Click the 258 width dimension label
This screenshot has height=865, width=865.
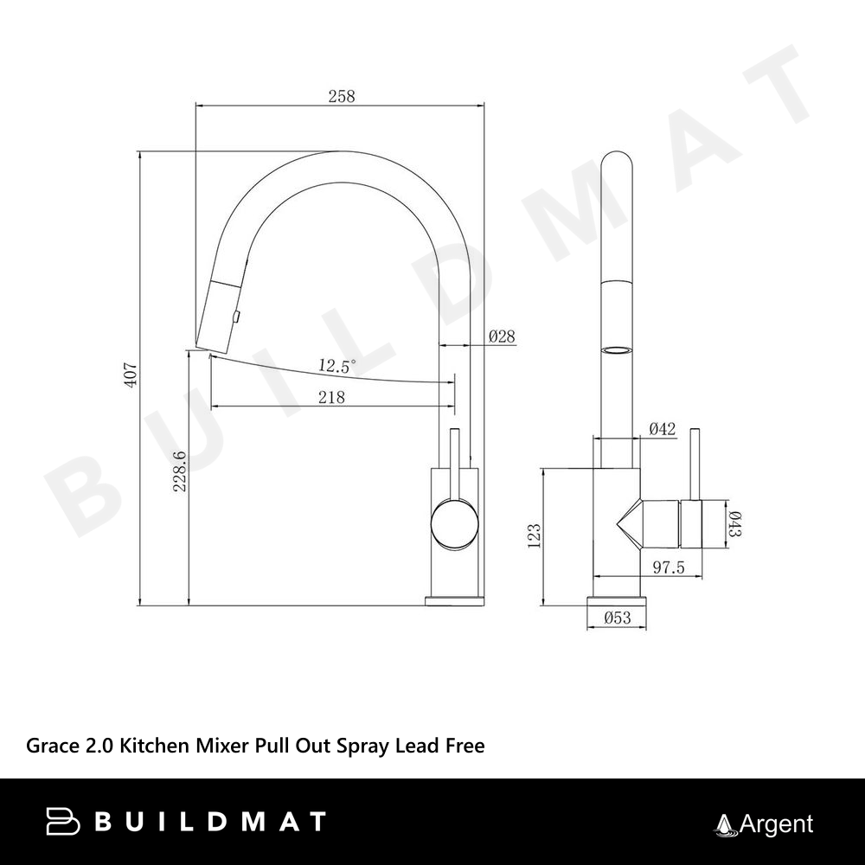(342, 96)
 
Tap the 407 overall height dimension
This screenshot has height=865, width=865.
(131, 375)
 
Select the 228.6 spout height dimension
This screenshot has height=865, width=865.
(180, 471)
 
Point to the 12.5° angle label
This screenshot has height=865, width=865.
(337, 365)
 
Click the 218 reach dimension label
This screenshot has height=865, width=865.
(331, 397)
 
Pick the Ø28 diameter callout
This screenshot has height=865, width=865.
(502, 336)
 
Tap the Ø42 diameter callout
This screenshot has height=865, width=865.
(662, 429)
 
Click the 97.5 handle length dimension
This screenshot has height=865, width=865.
(669, 567)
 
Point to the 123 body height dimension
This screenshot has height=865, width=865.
(534, 535)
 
